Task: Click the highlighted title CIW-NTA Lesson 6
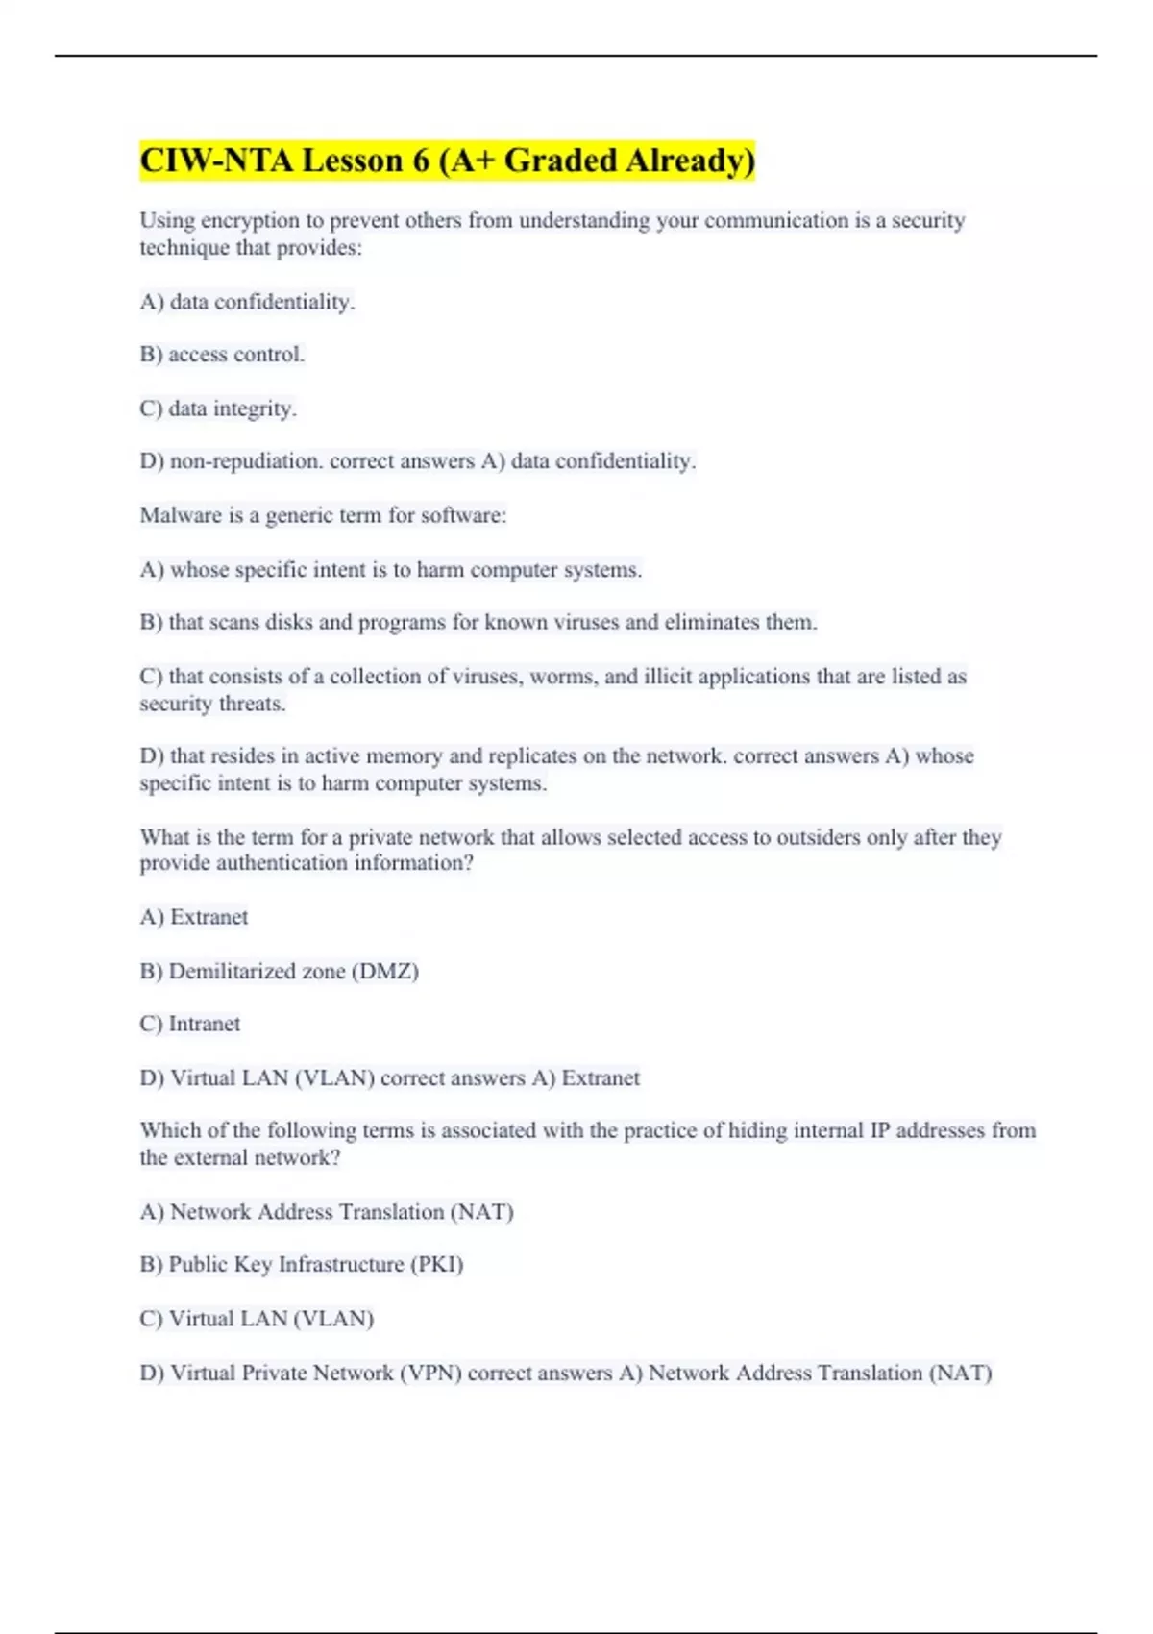pyautogui.click(x=447, y=160)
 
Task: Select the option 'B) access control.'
pyautogui.click(x=222, y=355)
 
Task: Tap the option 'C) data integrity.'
pyautogui.click(x=218, y=408)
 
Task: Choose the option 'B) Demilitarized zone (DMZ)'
pyautogui.click(x=279, y=971)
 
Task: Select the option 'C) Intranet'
pyautogui.click(x=189, y=1024)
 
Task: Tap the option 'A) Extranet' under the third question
pyautogui.click(x=193, y=917)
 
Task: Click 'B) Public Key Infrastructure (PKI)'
pyautogui.click(x=301, y=1264)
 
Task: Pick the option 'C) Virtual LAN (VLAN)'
pyautogui.click(x=257, y=1318)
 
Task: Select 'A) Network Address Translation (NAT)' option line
pyautogui.click(x=327, y=1211)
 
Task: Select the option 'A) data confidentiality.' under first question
pyautogui.click(x=247, y=302)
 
